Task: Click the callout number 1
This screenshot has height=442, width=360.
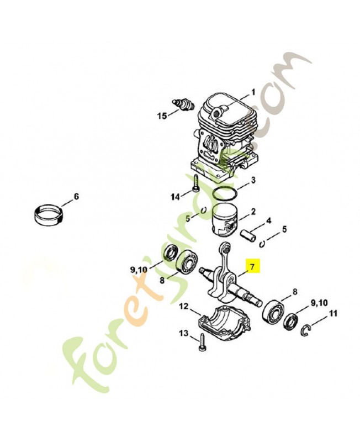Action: pyautogui.click(x=253, y=92)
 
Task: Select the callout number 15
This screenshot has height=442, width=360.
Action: pyautogui.click(x=162, y=116)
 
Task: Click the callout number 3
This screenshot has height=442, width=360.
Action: pyautogui.click(x=253, y=180)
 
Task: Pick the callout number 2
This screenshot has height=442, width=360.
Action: pyautogui.click(x=253, y=212)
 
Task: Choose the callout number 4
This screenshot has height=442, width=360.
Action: pyautogui.click(x=269, y=221)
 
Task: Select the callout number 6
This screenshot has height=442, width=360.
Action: pyautogui.click(x=76, y=196)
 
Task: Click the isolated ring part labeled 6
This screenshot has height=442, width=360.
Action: pyautogui.click(x=49, y=215)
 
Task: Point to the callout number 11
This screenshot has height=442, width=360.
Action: pyautogui.click(x=332, y=314)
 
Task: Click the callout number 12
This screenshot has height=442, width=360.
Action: pyautogui.click(x=183, y=306)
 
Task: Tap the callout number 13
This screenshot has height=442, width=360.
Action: pyautogui.click(x=183, y=333)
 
